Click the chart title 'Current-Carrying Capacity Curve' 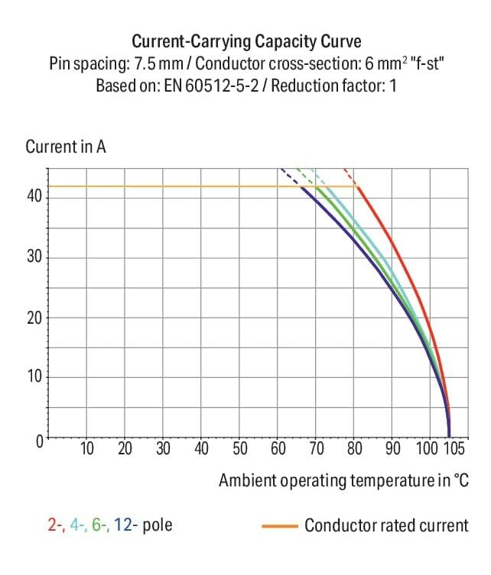pyautogui.click(x=245, y=40)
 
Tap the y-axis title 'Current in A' pyautogui.click(x=65, y=146)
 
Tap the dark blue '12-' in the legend pyautogui.click(x=125, y=525)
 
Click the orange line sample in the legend pyautogui.click(x=279, y=526)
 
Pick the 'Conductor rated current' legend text pyautogui.click(x=386, y=525)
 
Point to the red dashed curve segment pyautogui.click(x=350, y=175)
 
